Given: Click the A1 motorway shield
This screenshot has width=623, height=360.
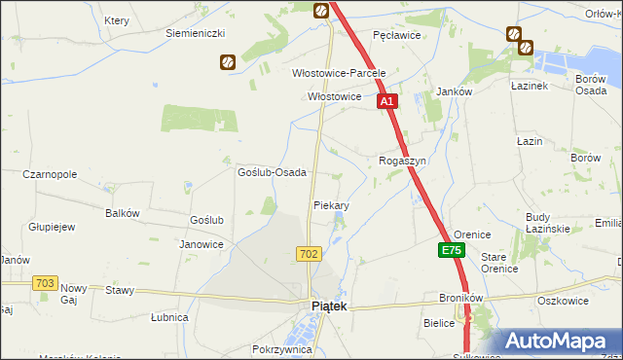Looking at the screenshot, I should point(386,100).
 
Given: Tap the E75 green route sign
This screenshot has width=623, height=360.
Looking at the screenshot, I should point(451,250).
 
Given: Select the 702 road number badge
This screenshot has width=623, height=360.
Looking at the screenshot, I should point(309,253).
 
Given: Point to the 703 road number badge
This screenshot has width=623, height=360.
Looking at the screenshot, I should point(44,282).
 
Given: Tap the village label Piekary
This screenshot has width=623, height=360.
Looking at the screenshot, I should point(331,206).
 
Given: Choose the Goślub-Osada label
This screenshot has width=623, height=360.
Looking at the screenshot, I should point(273,172).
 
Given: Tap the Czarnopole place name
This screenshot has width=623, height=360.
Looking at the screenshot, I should point(50,174).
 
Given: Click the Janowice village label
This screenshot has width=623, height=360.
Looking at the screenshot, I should point(202,244).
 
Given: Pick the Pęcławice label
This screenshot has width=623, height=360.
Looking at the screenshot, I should point(396,34).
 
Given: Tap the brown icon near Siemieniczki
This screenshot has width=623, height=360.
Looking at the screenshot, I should point(227,62).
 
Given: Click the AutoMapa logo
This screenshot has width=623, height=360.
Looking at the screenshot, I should point(557,341).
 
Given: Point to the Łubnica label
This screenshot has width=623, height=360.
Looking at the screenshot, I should point(169,317).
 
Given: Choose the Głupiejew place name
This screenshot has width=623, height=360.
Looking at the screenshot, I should point(53,227).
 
